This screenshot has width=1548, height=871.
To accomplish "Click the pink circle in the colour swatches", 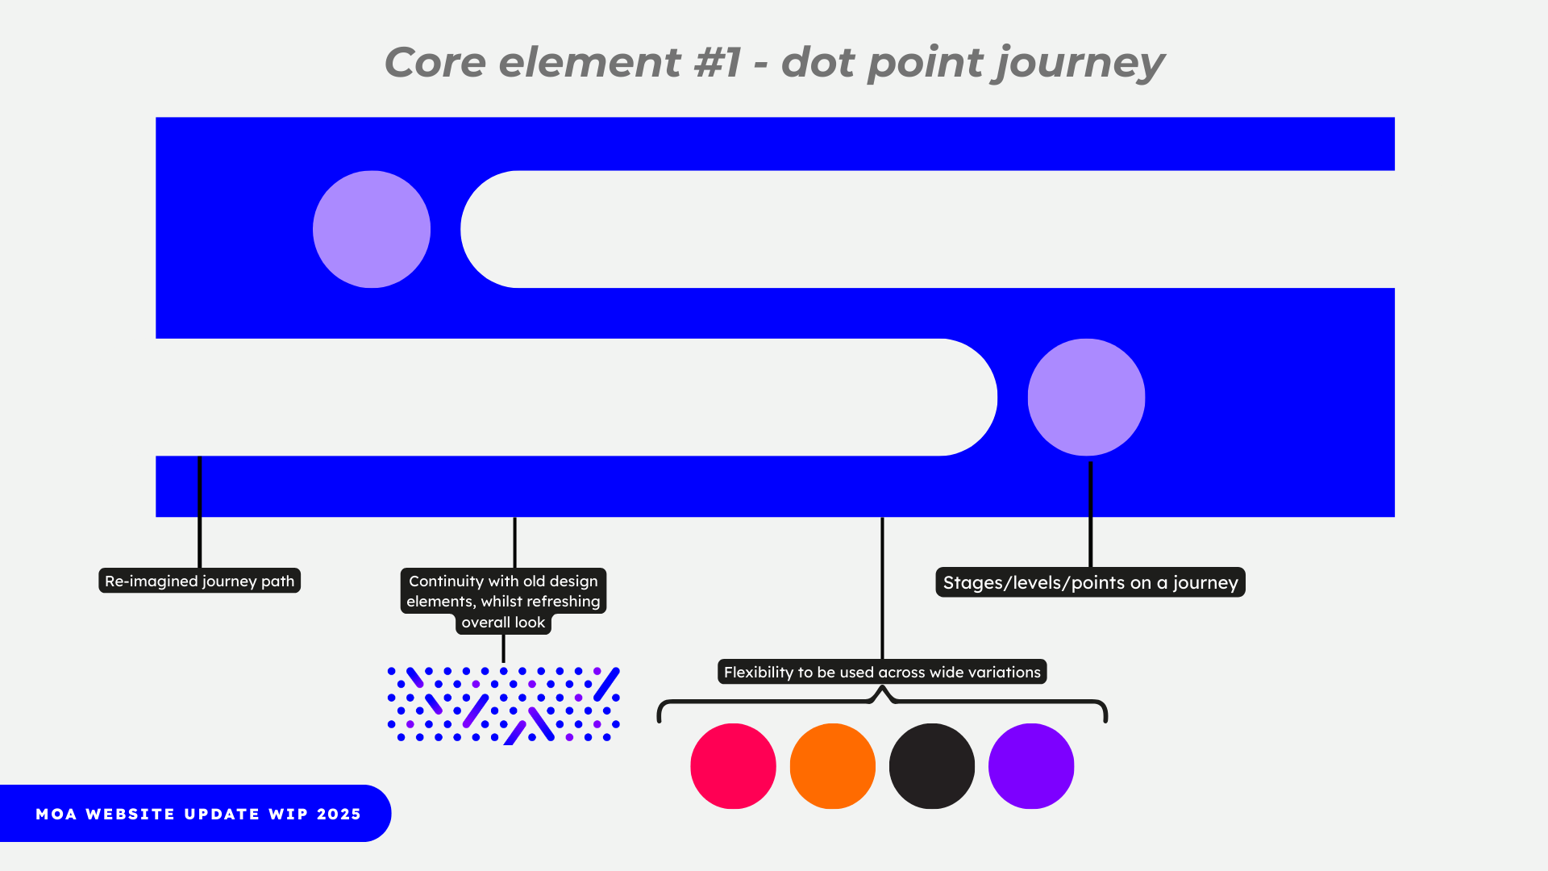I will (x=733, y=765).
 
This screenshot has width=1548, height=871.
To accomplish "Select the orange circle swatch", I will (x=832, y=765).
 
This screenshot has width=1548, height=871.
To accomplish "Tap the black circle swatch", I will (x=931, y=765).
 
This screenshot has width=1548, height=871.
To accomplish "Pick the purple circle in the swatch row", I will (x=1030, y=765).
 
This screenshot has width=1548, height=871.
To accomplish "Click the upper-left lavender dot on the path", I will (x=372, y=229).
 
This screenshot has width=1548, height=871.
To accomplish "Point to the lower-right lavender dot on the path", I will (x=1086, y=397).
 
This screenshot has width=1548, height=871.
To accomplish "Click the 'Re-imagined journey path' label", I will (x=199, y=581).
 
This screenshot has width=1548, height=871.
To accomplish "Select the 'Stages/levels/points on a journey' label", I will (x=1090, y=582).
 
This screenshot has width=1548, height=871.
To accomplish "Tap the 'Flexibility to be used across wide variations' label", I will (x=882, y=672).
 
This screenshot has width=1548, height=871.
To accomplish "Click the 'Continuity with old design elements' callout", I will (x=503, y=602).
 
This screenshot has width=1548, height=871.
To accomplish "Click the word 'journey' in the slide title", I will (x=1080, y=63).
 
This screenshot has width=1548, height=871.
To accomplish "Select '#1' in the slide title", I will (x=718, y=63).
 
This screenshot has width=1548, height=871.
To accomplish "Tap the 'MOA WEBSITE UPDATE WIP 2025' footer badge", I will (x=195, y=813).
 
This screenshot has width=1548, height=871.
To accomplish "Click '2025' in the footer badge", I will (x=339, y=814).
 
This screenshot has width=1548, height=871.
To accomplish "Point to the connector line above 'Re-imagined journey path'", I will (x=199, y=512).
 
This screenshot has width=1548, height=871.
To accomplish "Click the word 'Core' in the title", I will (x=435, y=63).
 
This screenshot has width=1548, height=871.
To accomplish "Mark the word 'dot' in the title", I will (x=818, y=63).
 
